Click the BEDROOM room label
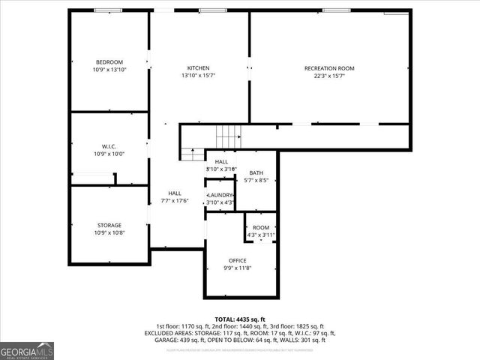click(x=109, y=61)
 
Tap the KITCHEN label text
click(x=199, y=67)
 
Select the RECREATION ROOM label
click(x=329, y=68)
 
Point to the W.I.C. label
click(x=109, y=146)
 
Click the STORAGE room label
click(x=109, y=225)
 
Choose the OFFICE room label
click(x=237, y=260)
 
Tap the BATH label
click(x=256, y=173)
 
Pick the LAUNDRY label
click(x=221, y=195)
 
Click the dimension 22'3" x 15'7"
click(x=329, y=76)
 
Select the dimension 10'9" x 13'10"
click(x=109, y=69)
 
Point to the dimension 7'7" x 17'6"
click(x=175, y=200)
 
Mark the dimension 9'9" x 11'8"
click(x=237, y=268)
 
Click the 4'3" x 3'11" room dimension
click(x=261, y=235)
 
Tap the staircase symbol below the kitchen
click(x=228, y=137)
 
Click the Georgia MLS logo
click(x=27, y=349)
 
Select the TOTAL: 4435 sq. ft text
click(x=240, y=319)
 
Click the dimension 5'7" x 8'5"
click(x=256, y=180)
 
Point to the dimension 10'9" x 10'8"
click(x=109, y=232)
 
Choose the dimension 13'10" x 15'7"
click(x=199, y=75)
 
